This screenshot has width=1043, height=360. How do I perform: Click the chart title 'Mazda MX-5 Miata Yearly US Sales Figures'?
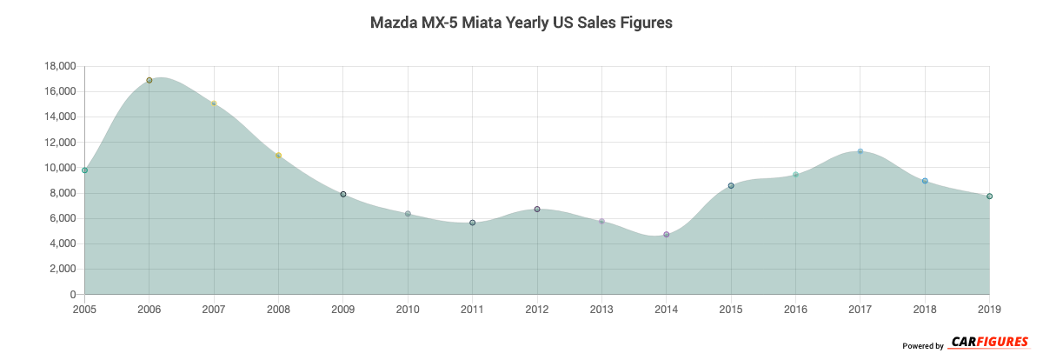[521, 23]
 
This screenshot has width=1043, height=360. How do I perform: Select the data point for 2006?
[149, 80]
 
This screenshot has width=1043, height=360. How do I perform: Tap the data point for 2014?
[667, 235]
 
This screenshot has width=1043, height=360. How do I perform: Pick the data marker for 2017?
[860, 151]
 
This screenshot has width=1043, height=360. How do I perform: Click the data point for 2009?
[343, 194]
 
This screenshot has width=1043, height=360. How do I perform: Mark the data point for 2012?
[537, 210]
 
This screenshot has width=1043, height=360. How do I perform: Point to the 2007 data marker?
[214, 103]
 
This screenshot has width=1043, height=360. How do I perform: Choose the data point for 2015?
[731, 185]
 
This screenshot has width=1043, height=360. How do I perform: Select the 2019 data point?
[990, 197]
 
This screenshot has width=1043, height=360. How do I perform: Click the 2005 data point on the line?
[85, 170]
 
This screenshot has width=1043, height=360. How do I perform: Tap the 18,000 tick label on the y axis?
[59, 66]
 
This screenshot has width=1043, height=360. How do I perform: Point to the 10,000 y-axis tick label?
[59, 168]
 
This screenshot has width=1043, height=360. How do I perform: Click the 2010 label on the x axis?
[408, 309]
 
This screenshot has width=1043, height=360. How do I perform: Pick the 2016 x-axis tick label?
[795, 309]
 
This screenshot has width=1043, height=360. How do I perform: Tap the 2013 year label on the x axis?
[601, 309]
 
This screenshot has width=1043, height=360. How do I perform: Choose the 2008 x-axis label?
[278, 309]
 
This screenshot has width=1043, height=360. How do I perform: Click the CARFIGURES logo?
[989, 342]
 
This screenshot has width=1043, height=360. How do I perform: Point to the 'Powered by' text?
[923, 346]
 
